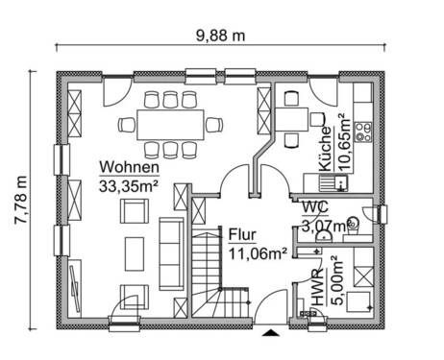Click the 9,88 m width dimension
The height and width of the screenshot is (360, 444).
pyautogui.click(x=222, y=35)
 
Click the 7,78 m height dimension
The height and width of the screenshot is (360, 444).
pyautogui.click(x=19, y=199)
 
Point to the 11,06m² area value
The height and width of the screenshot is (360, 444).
pyautogui.click(x=259, y=252)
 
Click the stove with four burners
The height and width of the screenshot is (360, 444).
pyautogui.click(x=363, y=129)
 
